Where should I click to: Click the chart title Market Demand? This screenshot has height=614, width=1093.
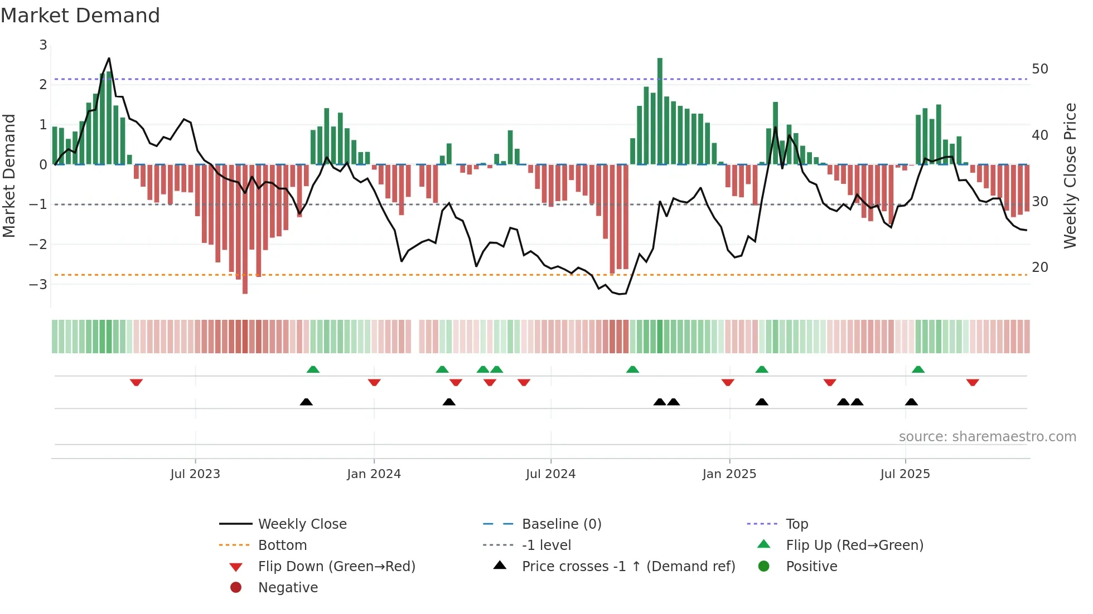[x=80, y=16]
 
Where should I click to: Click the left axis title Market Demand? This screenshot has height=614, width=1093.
[x=9, y=176]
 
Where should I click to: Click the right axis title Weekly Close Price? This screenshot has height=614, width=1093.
[x=1070, y=176]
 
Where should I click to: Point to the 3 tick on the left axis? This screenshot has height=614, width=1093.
[x=43, y=45]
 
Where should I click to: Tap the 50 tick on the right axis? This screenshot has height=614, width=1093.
[x=1039, y=69]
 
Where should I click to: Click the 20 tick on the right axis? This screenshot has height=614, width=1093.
[x=1039, y=267]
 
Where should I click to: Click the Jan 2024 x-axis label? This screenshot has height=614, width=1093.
[x=374, y=474]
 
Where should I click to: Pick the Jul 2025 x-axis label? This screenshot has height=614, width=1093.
[x=905, y=474]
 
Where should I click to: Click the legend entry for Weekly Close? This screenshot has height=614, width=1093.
[x=302, y=524]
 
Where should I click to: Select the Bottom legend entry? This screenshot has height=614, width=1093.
[x=282, y=545]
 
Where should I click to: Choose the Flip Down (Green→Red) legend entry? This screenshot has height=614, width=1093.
[x=336, y=567]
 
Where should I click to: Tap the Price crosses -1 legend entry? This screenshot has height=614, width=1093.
[x=628, y=567]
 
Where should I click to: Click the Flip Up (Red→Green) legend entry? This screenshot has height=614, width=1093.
[x=854, y=545]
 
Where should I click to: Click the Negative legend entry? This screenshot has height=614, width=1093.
[x=288, y=588]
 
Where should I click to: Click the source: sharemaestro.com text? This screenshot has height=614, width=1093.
[x=987, y=437]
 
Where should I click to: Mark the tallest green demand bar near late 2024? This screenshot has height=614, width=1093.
[x=660, y=111]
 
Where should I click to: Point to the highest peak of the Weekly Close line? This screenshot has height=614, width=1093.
[x=109, y=59]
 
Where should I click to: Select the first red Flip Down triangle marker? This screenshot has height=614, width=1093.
[x=136, y=382]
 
